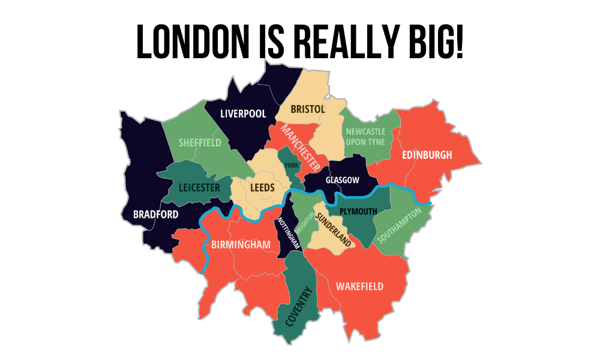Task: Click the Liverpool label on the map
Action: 243,113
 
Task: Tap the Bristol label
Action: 308,109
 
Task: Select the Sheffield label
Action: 200,143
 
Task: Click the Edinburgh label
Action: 427,155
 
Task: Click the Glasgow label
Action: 342,180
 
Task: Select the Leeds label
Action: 262,188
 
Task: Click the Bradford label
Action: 155,214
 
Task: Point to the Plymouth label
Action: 358,211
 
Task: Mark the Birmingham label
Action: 241,245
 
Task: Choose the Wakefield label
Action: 359,286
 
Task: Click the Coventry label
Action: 299,307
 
